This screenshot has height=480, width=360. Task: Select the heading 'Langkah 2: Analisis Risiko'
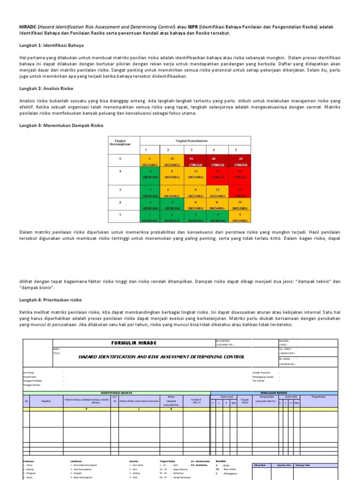(x=46, y=88)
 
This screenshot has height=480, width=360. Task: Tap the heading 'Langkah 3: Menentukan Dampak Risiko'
(x=60, y=126)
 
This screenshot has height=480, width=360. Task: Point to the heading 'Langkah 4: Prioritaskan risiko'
(x=50, y=299)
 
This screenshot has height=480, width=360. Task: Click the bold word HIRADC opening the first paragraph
(x=28, y=26)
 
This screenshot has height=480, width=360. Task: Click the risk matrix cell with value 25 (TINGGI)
(x=240, y=162)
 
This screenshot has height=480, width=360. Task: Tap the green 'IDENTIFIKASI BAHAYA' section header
(x=116, y=393)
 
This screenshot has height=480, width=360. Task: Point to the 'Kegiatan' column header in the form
(x=46, y=401)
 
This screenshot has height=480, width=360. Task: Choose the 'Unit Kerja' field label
(x=29, y=373)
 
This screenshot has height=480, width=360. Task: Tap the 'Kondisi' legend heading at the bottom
(x=220, y=460)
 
